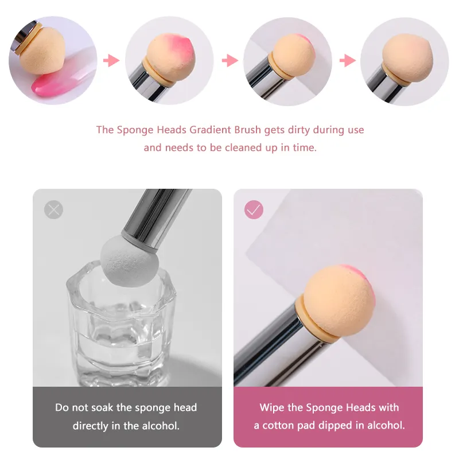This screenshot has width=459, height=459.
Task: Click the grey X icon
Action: pyautogui.click(x=53, y=209)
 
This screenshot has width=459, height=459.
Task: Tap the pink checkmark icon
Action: pyautogui.click(x=254, y=209)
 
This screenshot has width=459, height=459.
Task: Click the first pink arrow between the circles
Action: pyautogui.click(x=111, y=61)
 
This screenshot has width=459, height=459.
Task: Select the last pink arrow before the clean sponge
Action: pyautogui.click(x=348, y=61)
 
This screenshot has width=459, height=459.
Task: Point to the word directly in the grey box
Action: pyautogui.click(x=91, y=426)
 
